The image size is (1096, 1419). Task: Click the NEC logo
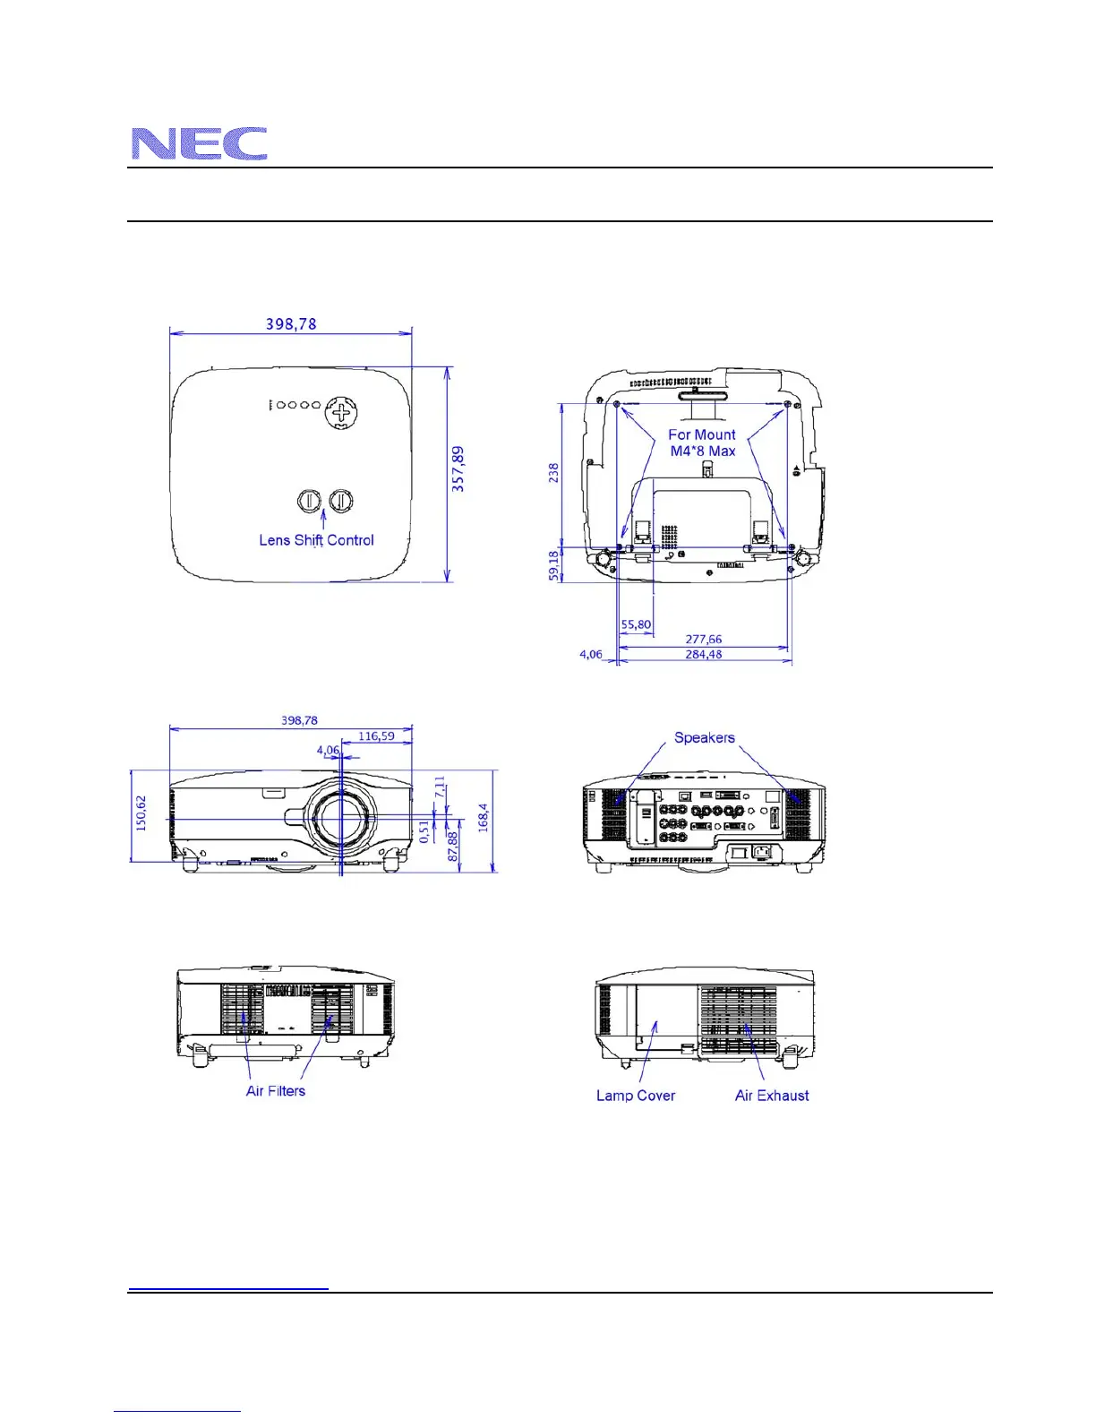click(199, 143)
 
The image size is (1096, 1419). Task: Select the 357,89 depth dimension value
click(458, 469)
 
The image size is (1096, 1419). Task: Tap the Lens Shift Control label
click(317, 540)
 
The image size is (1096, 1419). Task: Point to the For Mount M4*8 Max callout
click(702, 443)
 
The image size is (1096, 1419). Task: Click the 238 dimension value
click(553, 473)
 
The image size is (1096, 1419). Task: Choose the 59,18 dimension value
click(553, 565)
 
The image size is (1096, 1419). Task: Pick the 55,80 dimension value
click(636, 624)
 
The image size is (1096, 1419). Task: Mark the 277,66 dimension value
click(704, 640)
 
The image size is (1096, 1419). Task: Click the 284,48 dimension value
click(704, 654)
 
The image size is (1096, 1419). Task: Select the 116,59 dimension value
click(377, 736)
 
